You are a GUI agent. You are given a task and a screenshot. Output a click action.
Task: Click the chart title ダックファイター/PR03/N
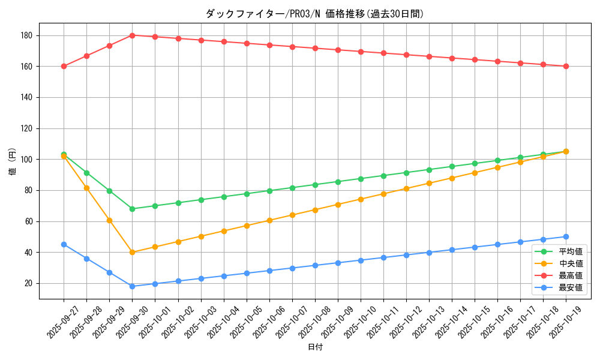pyautogui.click(x=314, y=14)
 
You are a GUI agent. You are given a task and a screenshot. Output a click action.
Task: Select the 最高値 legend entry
pyautogui.click(x=571, y=275)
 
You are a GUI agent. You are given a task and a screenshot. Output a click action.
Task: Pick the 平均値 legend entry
pyautogui.click(x=571, y=251)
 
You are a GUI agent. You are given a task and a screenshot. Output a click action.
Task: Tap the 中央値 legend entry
pyautogui.click(x=571, y=263)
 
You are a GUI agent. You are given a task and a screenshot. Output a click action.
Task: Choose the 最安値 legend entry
pyautogui.click(x=571, y=287)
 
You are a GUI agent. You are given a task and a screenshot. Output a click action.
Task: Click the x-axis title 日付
pyautogui.click(x=315, y=347)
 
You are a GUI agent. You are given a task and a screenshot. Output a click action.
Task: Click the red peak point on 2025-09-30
pyautogui.click(x=132, y=35)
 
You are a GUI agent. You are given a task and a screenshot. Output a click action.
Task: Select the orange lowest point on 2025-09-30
pyautogui.click(x=132, y=252)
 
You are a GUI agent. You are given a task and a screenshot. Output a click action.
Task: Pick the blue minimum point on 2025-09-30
pyautogui.click(x=132, y=286)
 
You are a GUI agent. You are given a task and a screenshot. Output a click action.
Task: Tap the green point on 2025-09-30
pyautogui.click(x=132, y=209)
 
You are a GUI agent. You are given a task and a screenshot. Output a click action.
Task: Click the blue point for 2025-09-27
pyautogui.click(x=64, y=244)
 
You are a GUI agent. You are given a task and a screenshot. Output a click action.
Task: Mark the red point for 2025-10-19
pyautogui.click(x=566, y=66)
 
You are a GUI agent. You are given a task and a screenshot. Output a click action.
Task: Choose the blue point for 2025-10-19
pyautogui.click(x=566, y=236)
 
